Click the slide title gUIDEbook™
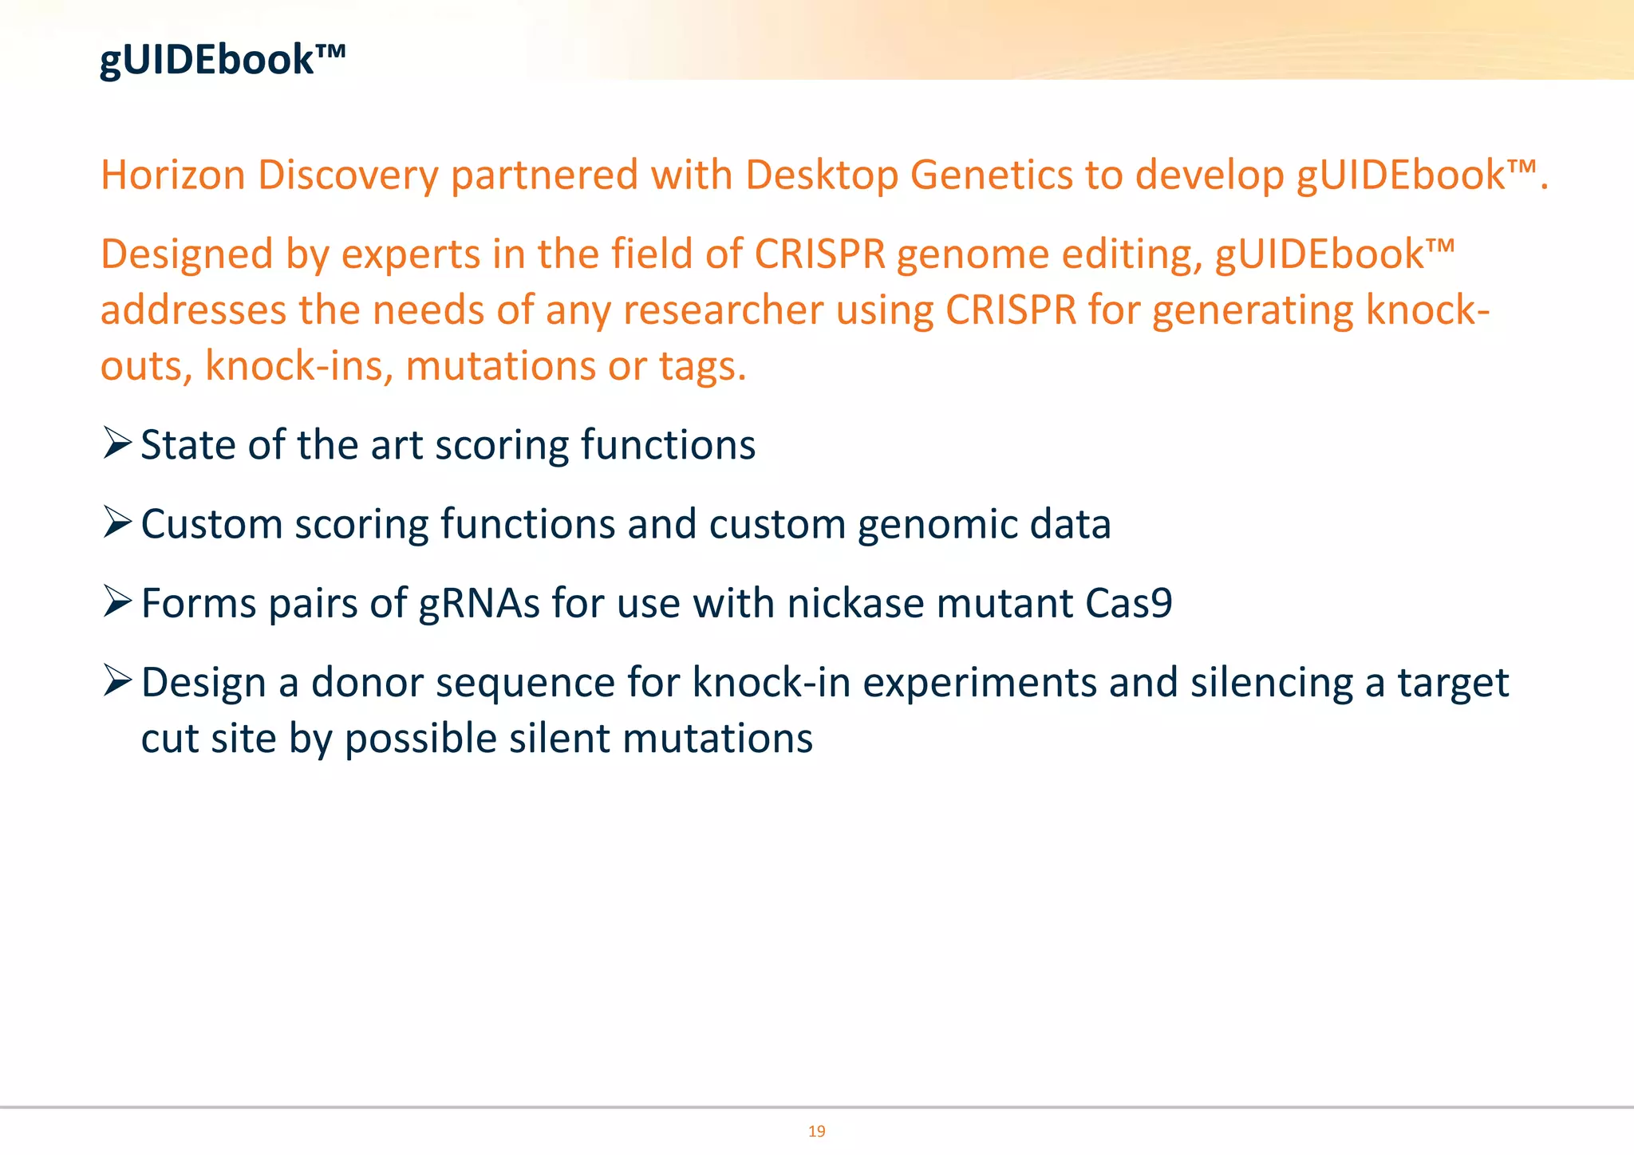[222, 60]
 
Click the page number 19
[816, 1131]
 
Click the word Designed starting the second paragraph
[187, 254]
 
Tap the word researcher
[723, 310]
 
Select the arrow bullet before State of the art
[117, 443]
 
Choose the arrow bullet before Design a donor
[117, 681]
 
